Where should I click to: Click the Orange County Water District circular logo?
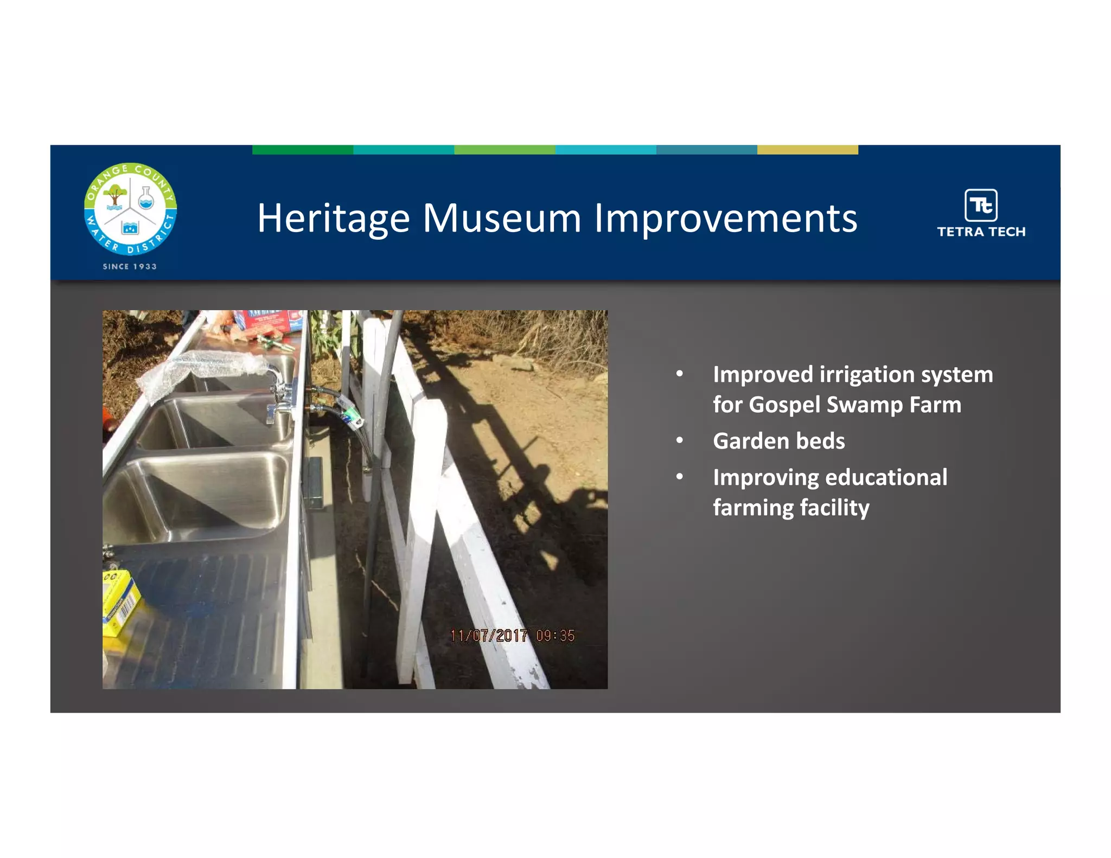[x=130, y=209]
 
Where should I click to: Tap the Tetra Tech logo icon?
[x=981, y=205]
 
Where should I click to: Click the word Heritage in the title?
[x=333, y=219]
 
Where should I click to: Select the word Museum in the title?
[x=502, y=219]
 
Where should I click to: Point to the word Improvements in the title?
[x=725, y=219]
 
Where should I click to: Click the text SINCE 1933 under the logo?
[x=130, y=266]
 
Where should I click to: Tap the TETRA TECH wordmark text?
[x=981, y=232]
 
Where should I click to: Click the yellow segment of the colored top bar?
[x=807, y=150]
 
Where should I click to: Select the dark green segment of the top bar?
[x=302, y=150]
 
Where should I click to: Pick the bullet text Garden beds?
[x=778, y=441]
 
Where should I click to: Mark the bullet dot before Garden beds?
[x=679, y=440]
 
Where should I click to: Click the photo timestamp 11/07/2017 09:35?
[x=512, y=635]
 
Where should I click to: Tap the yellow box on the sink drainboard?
[x=120, y=602]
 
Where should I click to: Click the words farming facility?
[x=791, y=508]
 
